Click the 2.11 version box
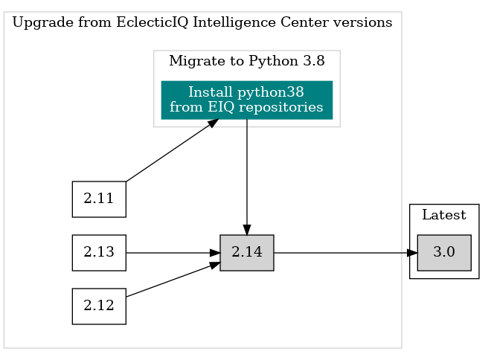click(98, 199)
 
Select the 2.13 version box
click(98, 252)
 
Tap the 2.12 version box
click(98, 306)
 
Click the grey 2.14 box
click(246, 252)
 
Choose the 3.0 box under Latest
click(443, 252)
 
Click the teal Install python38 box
click(246, 100)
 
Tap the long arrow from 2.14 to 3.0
click(342, 252)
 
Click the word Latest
click(443, 216)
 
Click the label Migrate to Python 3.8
click(246, 61)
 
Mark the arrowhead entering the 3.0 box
click(412, 252)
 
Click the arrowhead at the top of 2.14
click(246, 229)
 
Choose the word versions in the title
click(365, 22)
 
